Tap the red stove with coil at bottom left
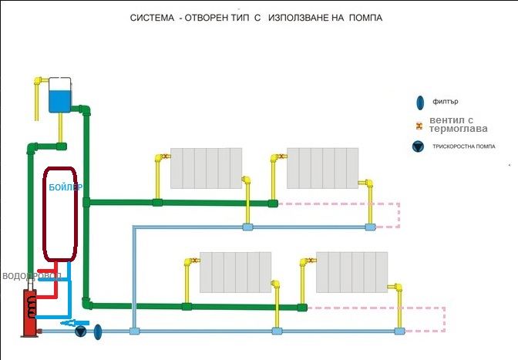click(29, 311)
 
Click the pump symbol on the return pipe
click(80, 331)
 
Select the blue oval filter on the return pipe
click(99, 331)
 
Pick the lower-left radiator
click(235, 272)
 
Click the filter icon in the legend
click(419, 103)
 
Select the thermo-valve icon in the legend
click(419, 126)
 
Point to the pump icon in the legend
click(419, 146)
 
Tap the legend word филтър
click(451, 102)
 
